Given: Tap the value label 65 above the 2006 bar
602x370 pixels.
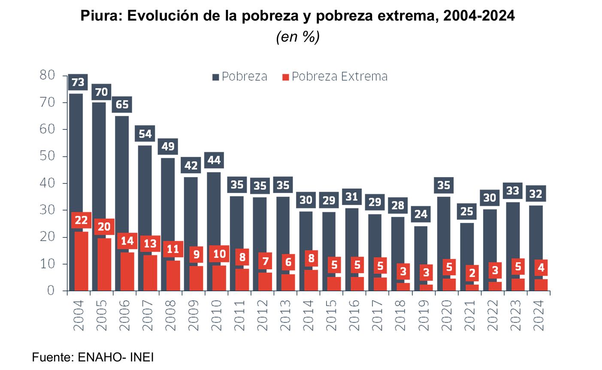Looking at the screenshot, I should pyautogui.click(x=122, y=104).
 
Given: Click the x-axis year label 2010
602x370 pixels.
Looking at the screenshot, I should pyautogui.click(x=216, y=315).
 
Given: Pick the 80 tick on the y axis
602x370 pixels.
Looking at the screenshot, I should pyautogui.click(x=47, y=75).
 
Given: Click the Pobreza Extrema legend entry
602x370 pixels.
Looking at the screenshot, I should pyautogui.click(x=339, y=77).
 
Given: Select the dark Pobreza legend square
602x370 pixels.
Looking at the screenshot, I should pyautogui.click(x=216, y=77).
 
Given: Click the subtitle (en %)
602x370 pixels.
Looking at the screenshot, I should pyautogui.click(x=297, y=37).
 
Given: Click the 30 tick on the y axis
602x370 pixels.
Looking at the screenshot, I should pyautogui.click(x=47, y=210).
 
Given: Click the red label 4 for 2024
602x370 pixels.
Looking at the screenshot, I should pyautogui.click(x=541, y=268).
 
